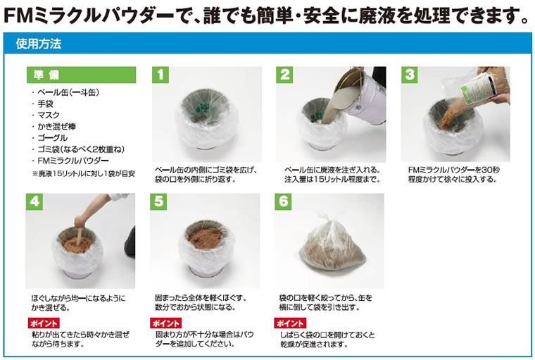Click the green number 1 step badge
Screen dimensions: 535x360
tap(160, 75)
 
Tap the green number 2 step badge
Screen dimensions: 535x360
tap(284, 75)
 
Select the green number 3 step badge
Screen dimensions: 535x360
tap(410, 75)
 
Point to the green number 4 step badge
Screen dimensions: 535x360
tap(34, 202)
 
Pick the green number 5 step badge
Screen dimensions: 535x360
tap(158, 202)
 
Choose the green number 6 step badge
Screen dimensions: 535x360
tap(283, 202)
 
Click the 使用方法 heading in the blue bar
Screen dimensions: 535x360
tap(39, 44)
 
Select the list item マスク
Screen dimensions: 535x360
tap(49, 115)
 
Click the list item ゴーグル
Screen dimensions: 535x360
tap(52, 138)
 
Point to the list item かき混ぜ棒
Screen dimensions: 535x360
tap(56, 127)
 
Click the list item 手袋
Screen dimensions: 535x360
tap(45, 104)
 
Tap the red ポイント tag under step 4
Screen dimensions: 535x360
tap(44, 323)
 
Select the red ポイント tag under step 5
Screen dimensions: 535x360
tap(166, 323)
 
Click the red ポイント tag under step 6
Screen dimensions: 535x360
tap(290, 323)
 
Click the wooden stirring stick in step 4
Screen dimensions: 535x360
tap(79, 234)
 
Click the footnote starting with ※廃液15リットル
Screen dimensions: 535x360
tap(84, 173)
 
